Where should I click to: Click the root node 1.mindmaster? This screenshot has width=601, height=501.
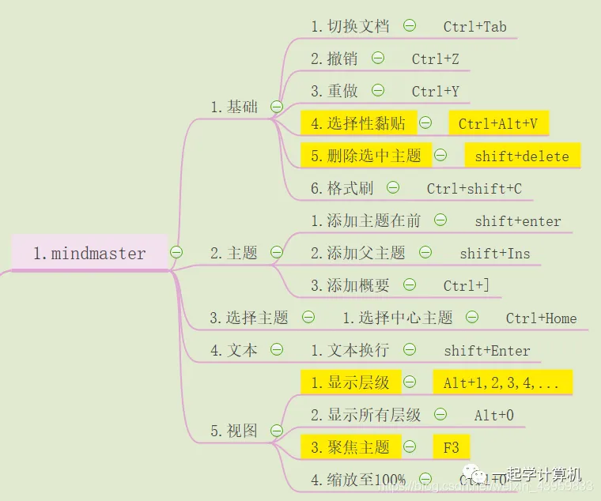[x=89, y=253]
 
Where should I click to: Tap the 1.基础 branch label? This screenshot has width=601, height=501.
[x=234, y=106]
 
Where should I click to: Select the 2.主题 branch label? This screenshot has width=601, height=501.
[x=234, y=253]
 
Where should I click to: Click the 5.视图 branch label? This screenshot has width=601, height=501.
[x=234, y=431]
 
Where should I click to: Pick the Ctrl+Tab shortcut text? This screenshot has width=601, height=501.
[x=474, y=26]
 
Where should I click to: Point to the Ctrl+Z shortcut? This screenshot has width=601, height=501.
[x=435, y=58]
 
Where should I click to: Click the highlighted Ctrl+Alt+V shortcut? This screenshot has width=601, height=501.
[x=498, y=123]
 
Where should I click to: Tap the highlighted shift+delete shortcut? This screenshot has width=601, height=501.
[x=522, y=156]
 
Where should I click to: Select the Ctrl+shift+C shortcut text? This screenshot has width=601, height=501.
[x=474, y=188]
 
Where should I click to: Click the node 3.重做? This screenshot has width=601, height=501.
[x=335, y=91]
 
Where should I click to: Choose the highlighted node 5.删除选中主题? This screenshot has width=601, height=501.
[x=366, y=156]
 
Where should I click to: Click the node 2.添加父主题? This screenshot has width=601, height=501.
[x=357, y=253]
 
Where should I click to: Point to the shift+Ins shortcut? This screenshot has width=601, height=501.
[x=495, y=253]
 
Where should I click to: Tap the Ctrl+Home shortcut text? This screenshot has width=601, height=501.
[x=541, y=318]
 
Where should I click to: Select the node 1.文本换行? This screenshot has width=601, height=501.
[x=350, y=350]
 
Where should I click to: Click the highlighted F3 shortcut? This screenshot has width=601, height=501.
[x=451, y=447]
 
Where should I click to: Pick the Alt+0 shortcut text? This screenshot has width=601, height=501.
[x=494, y=415]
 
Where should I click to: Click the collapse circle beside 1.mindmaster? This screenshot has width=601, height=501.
[x=176, y=252]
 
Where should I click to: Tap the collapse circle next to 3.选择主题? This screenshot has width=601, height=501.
[x=308, y=318]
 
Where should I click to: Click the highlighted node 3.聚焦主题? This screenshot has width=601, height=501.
[x=350, y=447]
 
